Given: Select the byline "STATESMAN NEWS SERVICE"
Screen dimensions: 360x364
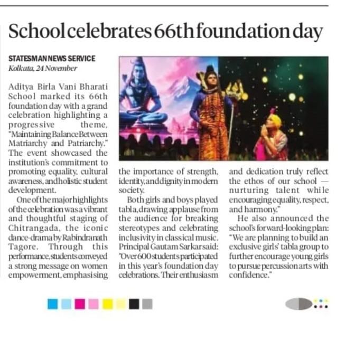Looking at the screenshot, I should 52,59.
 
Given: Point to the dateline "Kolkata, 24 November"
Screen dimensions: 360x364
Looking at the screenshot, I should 42,68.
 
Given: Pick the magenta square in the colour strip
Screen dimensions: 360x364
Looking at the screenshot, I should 79,304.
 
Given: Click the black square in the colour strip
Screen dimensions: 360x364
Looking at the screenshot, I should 134,304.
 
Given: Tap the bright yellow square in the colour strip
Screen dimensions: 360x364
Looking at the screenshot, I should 107,304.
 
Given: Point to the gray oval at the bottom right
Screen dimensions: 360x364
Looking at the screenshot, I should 298,304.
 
